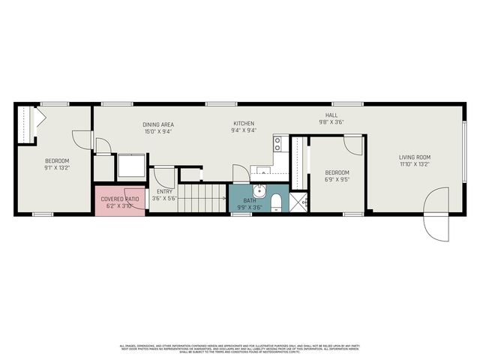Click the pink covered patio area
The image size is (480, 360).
click(119, 199)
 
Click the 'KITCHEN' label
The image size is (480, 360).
click(244, 124)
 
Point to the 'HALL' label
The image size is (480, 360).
click(331, 115)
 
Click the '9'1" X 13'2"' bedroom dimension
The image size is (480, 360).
click(57, 168)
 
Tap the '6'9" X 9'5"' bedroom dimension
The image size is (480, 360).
click(337, 179)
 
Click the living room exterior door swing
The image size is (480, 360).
click(436, 214)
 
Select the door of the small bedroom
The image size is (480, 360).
click(353, 144)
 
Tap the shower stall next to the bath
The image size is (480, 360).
click(298, 202)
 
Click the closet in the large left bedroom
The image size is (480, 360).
click(27, 124)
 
